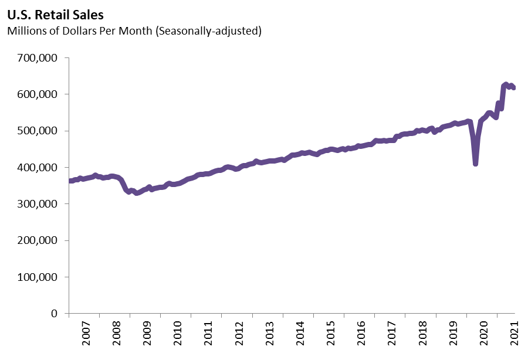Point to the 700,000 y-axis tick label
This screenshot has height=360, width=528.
[x=37, y=58]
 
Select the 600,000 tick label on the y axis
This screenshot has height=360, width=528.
[x=37, y=94]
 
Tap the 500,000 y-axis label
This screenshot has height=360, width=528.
[x=37, y=131]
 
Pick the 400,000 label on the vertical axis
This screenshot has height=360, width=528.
[x=37, y=168]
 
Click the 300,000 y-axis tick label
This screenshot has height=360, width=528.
[x=37, y=204]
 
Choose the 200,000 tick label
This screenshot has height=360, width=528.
[x=37, y=240]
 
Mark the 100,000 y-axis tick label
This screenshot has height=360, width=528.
[x=37, y=277]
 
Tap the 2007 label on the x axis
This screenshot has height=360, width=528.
[x=84, y=334]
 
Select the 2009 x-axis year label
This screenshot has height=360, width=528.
[x=146, y=334]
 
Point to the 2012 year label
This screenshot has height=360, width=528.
[x=238, y=334]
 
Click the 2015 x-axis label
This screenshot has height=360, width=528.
[x=330, y=334]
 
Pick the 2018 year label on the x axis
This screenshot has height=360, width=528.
[x=422, y=334]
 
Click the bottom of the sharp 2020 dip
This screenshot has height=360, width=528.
[x=475, y=164]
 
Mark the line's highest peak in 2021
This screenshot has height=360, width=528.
[x=506, y=85]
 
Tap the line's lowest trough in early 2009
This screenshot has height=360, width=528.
[x=137, y=193]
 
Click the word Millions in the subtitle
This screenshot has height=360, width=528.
[x=25, y=30]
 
